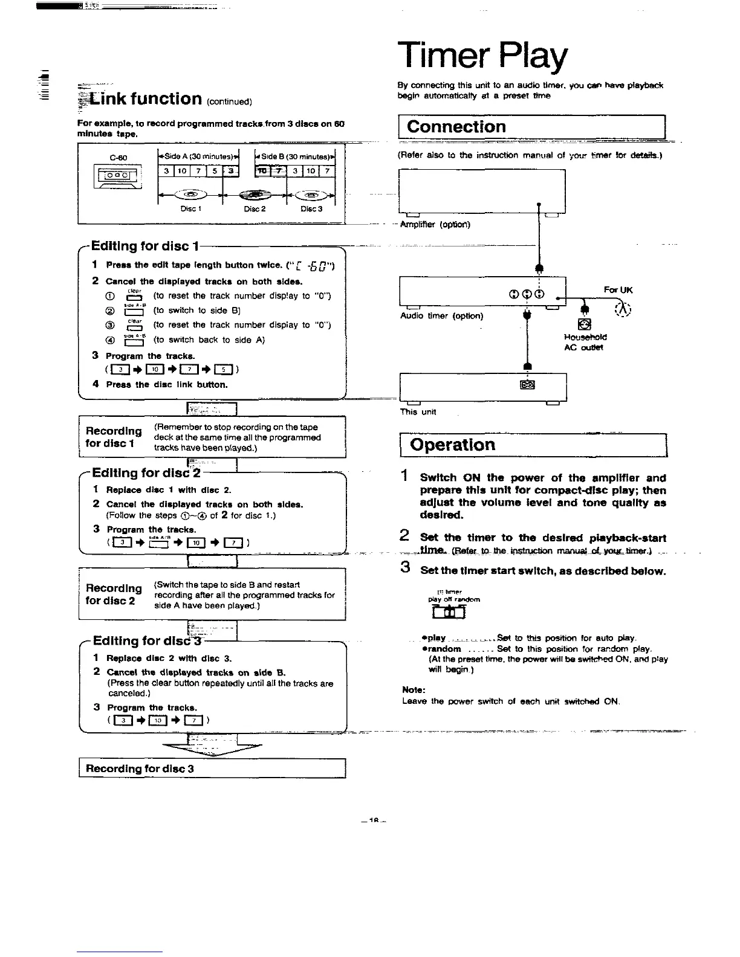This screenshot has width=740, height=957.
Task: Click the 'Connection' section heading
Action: pyautogui.click(x=456, y=127)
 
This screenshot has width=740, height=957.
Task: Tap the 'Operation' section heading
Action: pyautogui.click(x=452, y=445)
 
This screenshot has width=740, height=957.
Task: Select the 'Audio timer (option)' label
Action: pyautogui.click(x=442, y=316)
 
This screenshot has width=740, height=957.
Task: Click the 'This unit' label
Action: pyautogui.click(x=418, y=412)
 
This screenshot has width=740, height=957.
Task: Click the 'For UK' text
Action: pyautogui.click(x=617, y=290)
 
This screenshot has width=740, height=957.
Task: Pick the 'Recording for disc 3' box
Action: pyautogui.click(x=212, y=768)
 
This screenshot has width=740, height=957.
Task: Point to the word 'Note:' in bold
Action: pyautogui.click(x=414, y=689)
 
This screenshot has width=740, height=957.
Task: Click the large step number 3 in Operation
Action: pyautogui.click(x=406, y=567)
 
